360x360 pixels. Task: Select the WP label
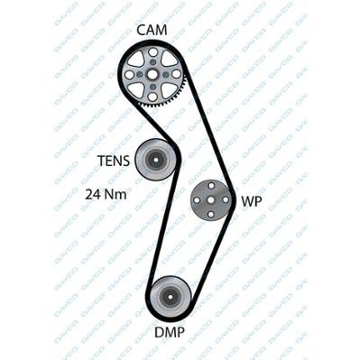(x=252, y=201)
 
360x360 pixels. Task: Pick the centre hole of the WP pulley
(x=213, y=199)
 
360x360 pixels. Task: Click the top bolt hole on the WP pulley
(x=213, y=187)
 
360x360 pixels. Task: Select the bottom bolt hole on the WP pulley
(x=213, y=212)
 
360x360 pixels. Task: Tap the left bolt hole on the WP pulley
(x=200, y=199)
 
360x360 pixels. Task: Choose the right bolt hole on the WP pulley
(x=226, y=199)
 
